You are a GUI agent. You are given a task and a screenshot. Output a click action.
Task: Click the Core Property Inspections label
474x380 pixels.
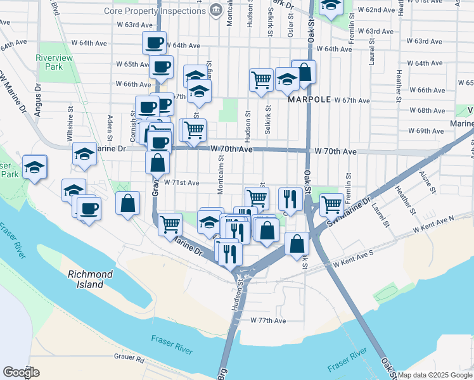point(167,10)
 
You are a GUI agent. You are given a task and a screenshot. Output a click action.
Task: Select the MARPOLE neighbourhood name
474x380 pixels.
point(309,100)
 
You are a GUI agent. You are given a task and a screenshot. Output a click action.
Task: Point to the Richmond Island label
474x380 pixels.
point(91,279)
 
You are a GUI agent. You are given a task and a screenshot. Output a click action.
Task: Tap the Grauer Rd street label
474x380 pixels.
point(129,359)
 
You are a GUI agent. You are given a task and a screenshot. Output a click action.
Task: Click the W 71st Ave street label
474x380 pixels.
point(181,182)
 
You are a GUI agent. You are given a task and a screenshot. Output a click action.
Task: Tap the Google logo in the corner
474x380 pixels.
point(22,372)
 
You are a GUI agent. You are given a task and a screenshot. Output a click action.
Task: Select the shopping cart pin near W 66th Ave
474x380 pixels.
point(261,80)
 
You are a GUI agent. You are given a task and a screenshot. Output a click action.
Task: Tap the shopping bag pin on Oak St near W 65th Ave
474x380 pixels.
point(304,72)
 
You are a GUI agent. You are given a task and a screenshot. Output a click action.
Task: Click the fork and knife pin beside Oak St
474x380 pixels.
point(289,198)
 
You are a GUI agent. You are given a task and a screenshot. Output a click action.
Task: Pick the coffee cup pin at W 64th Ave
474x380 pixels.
point(154,43)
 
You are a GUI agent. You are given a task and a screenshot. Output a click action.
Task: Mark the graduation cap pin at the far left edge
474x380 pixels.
point(34,167)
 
